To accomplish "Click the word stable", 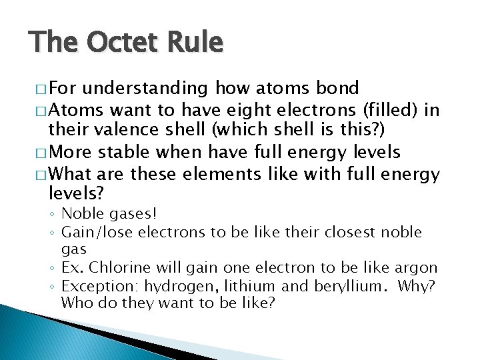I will (125, 152).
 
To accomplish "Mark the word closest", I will (346, 232).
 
